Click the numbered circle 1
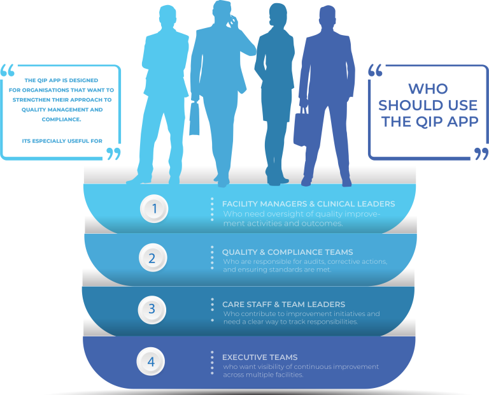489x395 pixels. [x=153, y=208]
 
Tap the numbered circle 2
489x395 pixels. [x=152, y=258]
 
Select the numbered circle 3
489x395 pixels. [x=152, y=310]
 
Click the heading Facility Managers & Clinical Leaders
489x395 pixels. [x=308, y=204]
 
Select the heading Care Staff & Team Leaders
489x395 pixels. [x=283, y=304]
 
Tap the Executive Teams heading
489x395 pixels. [x=260, y=357]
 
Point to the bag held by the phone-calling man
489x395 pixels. [x=194, y=120]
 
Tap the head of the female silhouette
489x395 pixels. [x=278, y=16]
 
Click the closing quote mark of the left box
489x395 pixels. [x=113, y=154]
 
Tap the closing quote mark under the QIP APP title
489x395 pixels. [x=481, y=154]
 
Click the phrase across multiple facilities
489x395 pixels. [x=263, y=375]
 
